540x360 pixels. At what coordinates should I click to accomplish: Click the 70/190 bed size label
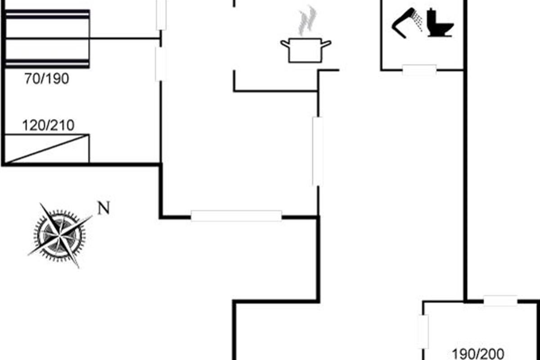(x=47, y=79)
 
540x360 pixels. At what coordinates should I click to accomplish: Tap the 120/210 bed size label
(x=48, y=126)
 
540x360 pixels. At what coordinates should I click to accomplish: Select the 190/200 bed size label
(x=478, y=353)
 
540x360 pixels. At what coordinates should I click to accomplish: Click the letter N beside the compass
(x=104, y=208)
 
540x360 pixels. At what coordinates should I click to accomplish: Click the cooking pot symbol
(x=306, y=50)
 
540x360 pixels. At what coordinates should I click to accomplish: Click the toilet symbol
(x=440, y=23)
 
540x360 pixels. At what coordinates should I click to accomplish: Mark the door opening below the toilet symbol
(x=419, y=70)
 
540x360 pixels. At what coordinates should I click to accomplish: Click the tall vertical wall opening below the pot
(x=318, y=151)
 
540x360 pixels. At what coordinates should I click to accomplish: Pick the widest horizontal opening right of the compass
(x=236, y=216)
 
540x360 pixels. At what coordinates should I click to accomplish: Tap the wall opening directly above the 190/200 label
(x=500, y=301)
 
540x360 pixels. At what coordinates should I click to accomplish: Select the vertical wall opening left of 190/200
(x=423, y=332)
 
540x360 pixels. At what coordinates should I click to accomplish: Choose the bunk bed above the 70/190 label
(x=47, y=38)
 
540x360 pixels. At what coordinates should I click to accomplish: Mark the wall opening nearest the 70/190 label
(x=160, y=64)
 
